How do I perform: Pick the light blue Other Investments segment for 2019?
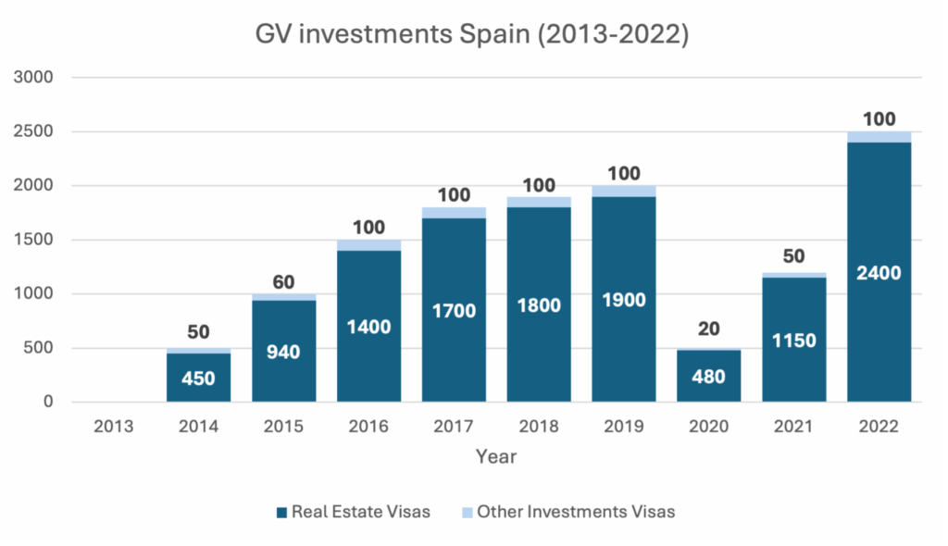pos(624,191)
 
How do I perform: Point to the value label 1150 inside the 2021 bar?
pos(794,341)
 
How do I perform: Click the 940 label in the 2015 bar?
pos(283,352)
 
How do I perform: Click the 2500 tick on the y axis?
pos(34,132)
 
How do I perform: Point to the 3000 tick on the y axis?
pos(34,78)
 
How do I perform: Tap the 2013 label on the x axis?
pos(114,427)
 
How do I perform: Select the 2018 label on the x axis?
pos(539,427)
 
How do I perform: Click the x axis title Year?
pos(496,457)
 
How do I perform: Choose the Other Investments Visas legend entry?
pos(567,512)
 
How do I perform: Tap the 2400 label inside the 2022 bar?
pos(879,273)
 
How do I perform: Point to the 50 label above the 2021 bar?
pos(794,257)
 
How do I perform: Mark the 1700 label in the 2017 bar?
pos(454,311)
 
